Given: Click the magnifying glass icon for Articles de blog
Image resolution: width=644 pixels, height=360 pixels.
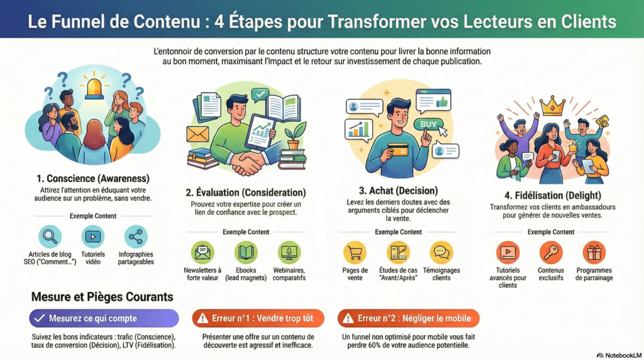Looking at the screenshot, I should pyautogui.click(x=50, y=237).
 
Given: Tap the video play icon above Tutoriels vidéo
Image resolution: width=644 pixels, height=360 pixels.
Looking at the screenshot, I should pyautogui.click(x=93, y=237).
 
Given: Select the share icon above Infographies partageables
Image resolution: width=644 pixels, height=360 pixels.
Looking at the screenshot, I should pyautogui.click(x=135, y=237).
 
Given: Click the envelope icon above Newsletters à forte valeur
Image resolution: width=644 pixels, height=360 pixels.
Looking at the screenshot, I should pyautogui.click(x=203, y=252).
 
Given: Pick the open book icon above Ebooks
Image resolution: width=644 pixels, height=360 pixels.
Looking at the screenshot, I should pyautogui.click(x=246, y=252).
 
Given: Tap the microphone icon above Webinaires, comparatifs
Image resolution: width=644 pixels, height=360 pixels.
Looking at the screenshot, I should pyautogui.click(x=289, y=252).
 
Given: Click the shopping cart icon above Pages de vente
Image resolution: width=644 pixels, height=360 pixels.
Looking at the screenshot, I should pyautogui.click(x=355, y=252).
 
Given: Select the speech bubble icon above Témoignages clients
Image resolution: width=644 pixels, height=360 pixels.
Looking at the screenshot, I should pyautogui.click(x=441, y=252).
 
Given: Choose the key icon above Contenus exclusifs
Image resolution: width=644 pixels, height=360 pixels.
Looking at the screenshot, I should pyautogui.click(x=551, y=252).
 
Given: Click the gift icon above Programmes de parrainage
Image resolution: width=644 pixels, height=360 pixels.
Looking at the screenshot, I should pyautogui.click(x=594, y=252).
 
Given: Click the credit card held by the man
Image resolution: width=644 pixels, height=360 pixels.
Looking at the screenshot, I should pyautogui.click(x=398, y=149).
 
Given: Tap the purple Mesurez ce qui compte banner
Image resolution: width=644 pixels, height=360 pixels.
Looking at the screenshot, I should pyautogui.click(x=104, y=318).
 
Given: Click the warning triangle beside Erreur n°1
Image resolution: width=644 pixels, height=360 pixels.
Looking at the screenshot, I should pyautogui.click(x=203, y=318).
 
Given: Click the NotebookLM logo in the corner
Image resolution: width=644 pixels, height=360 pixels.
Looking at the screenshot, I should pyautogui.click(x=618, y=355).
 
